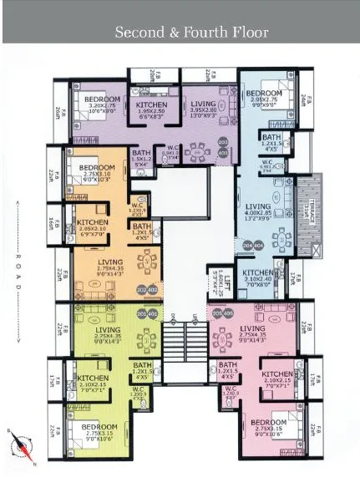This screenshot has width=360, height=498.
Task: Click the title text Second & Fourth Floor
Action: click(x=191, y=33)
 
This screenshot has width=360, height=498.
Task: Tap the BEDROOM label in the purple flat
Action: click(x=103, y=99)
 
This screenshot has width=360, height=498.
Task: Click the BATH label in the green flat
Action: click(x=142, y=365)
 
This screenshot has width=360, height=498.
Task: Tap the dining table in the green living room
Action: click(x=148, y=342)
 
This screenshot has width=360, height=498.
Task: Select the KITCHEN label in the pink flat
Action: click(x=276, y=374)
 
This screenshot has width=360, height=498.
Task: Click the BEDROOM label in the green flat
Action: click(x=99, y=428)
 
